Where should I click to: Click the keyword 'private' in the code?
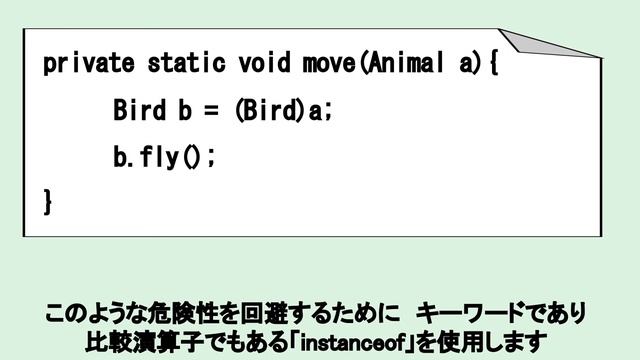tap(88, 64)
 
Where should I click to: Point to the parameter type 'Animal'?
tap(406, 64)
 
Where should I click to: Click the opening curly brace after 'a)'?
tap(493, 64)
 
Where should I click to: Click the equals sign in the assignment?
tap(211, 110)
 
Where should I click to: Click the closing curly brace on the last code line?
tap(47, 202)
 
